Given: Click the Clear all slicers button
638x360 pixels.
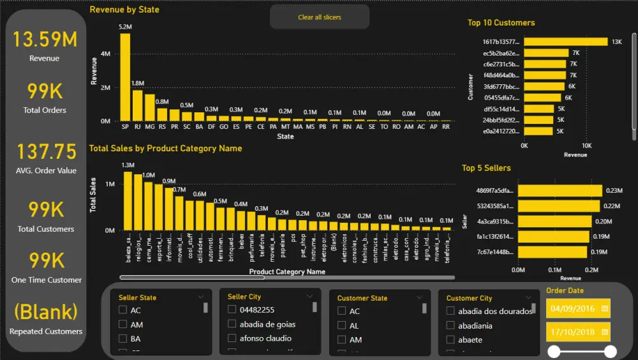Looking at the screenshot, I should [x=319, y=17].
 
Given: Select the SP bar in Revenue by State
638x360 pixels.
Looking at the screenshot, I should [x=125, y=77].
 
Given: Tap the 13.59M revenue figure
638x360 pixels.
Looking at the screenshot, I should [x=45, y=40].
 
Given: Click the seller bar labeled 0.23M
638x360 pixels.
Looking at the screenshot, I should [x=560, y=190].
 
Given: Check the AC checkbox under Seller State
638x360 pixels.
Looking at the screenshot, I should [x=123, y=310].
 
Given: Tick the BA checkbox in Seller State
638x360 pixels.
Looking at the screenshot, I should [x=123, y=339].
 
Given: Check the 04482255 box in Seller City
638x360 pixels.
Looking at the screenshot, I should [x=232, y=310].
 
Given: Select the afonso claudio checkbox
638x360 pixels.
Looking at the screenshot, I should [x=232, y=338].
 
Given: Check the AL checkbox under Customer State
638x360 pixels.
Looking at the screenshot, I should [x=342, y=326].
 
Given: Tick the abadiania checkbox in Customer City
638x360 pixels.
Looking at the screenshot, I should [x=450, y=326].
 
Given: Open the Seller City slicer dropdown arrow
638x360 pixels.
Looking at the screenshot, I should [x=309, y=297].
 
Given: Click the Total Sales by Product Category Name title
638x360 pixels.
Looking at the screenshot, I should [x=165, y=148].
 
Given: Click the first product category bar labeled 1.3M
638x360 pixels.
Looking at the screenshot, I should [x=128, y=201].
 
